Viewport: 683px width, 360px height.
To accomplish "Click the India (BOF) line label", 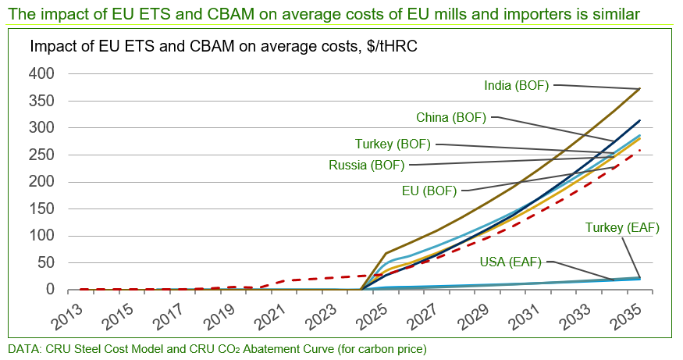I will point(517,85).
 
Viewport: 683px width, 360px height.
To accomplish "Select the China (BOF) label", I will point(451,118).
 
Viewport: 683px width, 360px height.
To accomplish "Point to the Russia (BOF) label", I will point(367,166).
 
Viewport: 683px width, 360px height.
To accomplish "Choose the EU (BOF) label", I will point(430,190).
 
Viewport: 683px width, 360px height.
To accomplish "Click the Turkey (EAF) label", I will point(622,228).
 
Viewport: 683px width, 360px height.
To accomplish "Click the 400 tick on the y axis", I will point(41,73).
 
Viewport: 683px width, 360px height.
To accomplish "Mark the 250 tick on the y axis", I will point(41,155).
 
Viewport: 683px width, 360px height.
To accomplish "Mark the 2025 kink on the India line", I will point(386,253).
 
